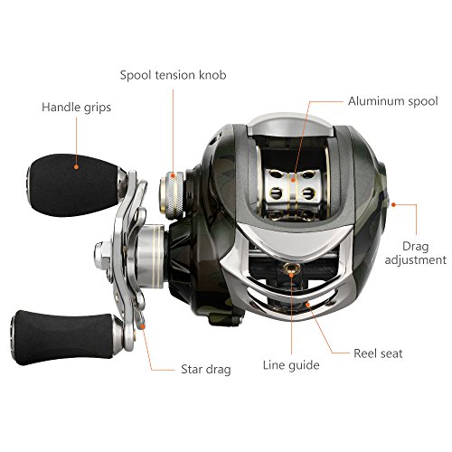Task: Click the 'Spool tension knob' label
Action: click(173, 75)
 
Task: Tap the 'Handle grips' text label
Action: click(76, 108)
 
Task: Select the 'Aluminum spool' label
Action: click(393, 101)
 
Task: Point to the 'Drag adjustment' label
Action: click(416, 253)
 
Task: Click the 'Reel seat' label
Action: click(378, 353)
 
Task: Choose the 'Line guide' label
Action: click(291, 365)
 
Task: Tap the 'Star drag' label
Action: click(206, 370)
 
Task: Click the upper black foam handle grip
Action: click(74, 185)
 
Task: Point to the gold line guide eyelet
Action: click(291, 268)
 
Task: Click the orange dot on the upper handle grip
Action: click(76, 166)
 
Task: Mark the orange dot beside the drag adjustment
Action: click(393, 205)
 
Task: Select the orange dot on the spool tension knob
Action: click(173, 175)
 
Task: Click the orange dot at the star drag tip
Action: click(143, 326)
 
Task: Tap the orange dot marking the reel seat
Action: click(307, 305)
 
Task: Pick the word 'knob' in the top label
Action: click(212, 75)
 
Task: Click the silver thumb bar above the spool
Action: click(291, 126)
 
